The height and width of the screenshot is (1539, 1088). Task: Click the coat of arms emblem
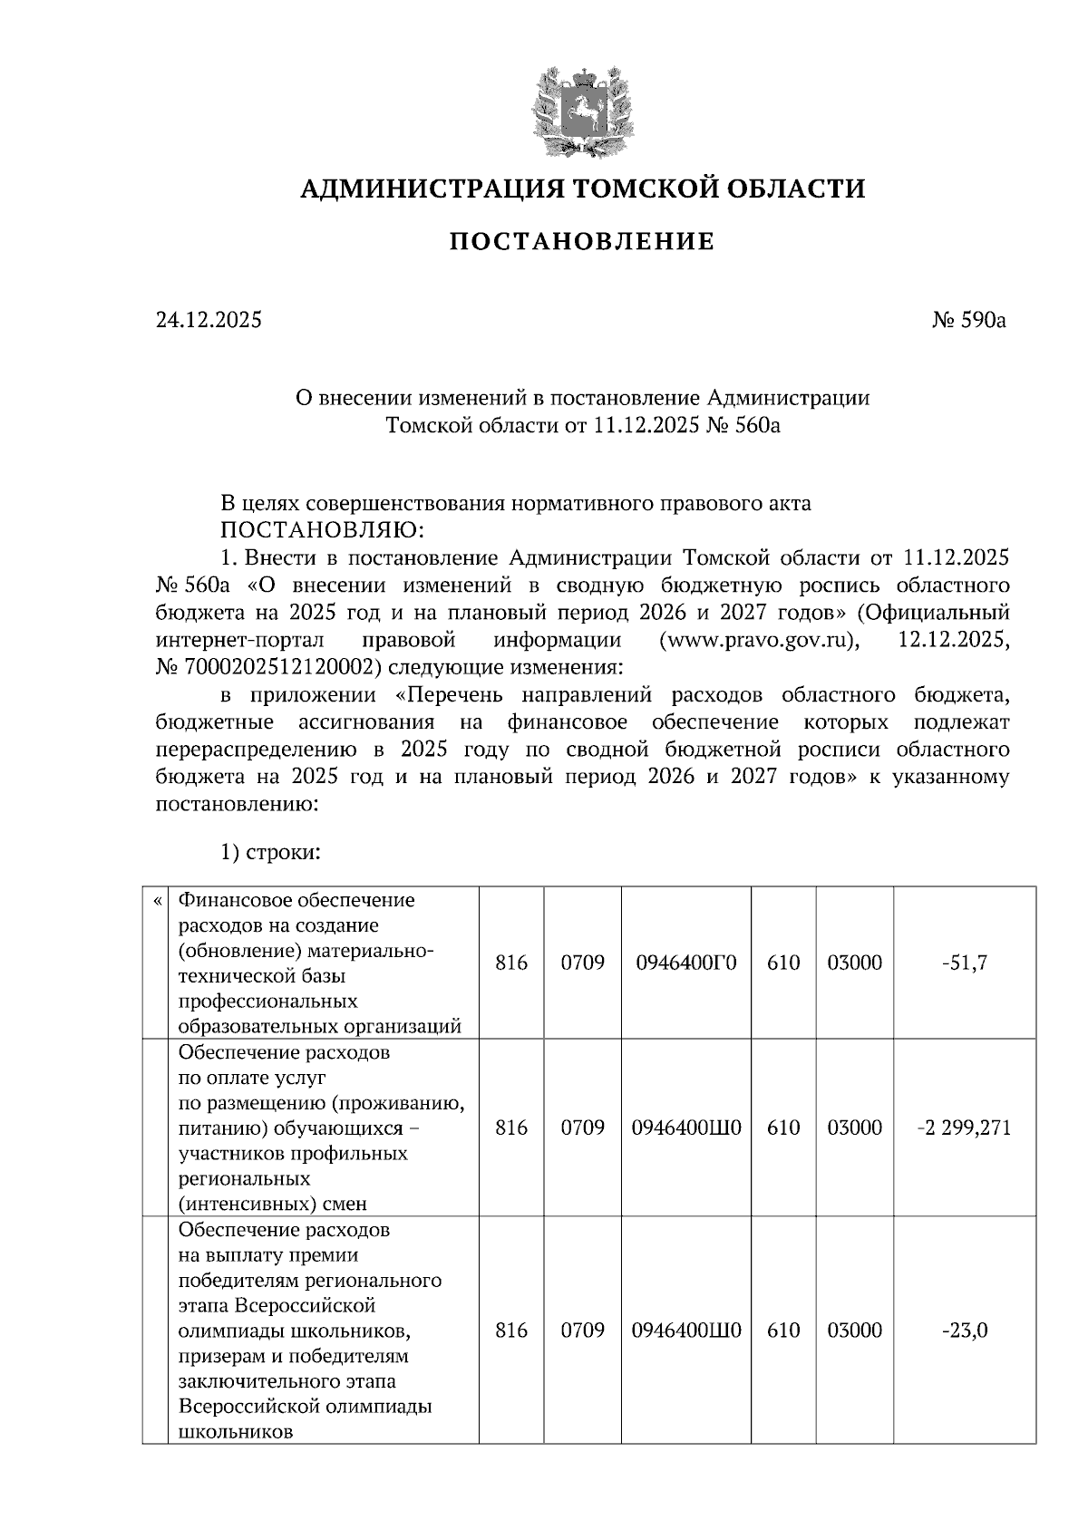coord(580,109)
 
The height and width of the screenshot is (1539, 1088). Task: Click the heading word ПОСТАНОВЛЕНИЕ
coord(582,242)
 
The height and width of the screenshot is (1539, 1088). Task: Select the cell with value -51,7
coord(964,963)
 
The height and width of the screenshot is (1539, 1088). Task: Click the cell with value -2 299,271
coord(964,1128)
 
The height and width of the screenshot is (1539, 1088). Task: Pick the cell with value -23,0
coord(964,1331)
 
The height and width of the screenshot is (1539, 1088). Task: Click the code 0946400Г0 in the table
coord(685,963)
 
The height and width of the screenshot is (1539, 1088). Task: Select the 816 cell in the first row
coord(511,963)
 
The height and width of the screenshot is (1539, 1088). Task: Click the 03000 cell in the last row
coord(854,1331)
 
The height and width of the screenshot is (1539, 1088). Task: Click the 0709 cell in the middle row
coord(582,1128)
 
